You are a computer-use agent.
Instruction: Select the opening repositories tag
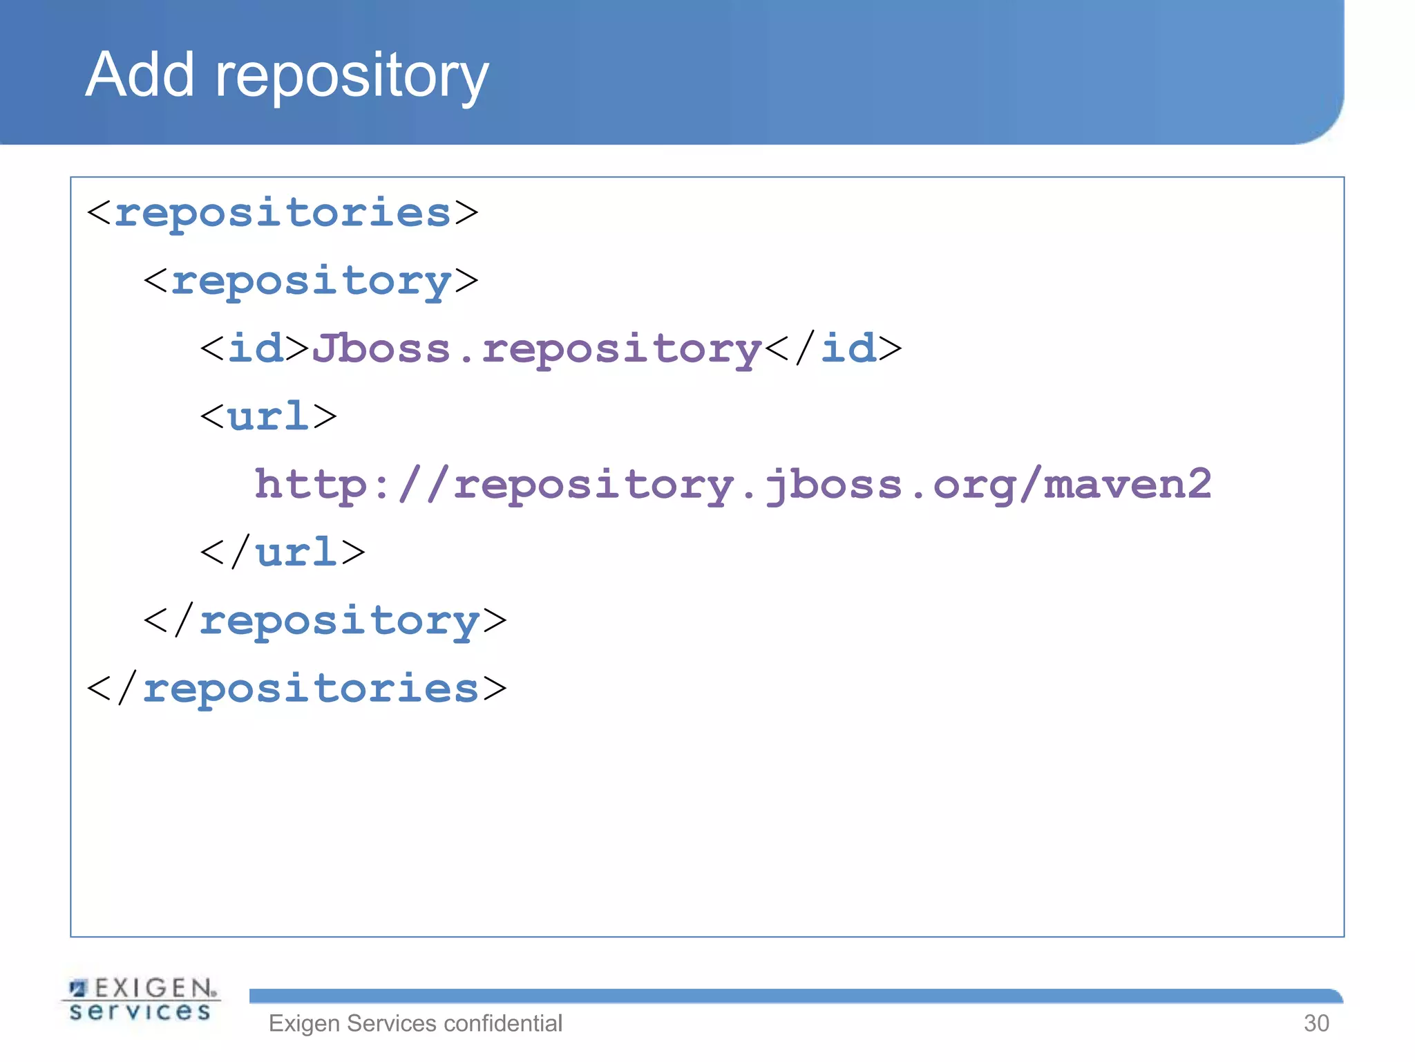coord(282,212)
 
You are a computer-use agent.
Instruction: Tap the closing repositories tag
coord(297,689)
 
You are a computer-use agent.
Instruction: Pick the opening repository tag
coord(311,281)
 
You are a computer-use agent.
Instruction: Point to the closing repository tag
coord(325,620)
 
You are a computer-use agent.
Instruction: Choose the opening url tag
coord(268,416)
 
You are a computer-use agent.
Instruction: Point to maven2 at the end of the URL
coord(1128,484)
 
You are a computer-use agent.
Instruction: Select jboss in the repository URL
coord(833,484)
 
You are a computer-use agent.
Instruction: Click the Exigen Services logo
coord(141,1000)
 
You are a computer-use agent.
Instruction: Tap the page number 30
coord(1316,1023)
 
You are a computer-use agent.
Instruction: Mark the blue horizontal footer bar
coord(795,996)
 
